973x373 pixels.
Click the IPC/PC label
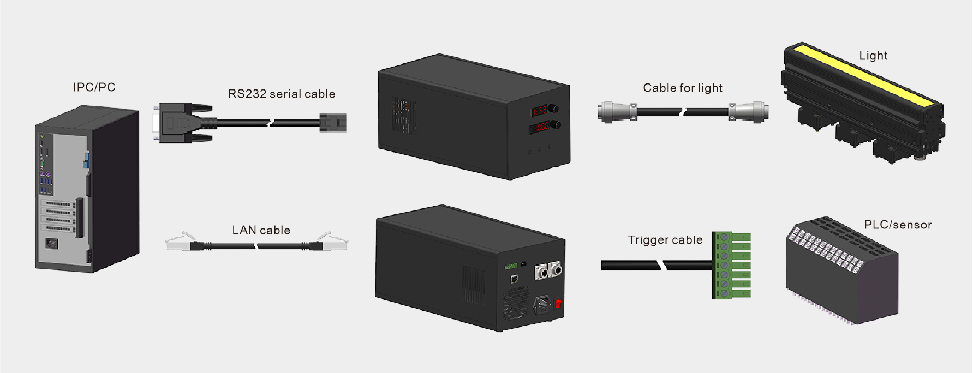coord(94,87)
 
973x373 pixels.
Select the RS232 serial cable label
coord(282,94)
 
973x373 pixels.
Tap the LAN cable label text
coord(261,230)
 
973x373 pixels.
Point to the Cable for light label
coord(683,88)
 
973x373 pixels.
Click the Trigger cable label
coord(665,240)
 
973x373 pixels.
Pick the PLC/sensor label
coord(898,225)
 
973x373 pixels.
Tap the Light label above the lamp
coord(873,56)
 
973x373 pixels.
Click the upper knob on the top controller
coord(553,108)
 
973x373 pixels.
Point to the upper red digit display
coord(539,111)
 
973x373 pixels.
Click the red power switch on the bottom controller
coord(558,303)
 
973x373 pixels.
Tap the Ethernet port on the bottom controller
coord(514,279)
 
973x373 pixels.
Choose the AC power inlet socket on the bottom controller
coord(542,304)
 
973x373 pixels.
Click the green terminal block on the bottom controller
coord(511,266)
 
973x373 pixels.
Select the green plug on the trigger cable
coord(732,265)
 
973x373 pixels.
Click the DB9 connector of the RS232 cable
coord(179,123)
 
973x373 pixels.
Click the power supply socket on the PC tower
coord(52,243)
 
